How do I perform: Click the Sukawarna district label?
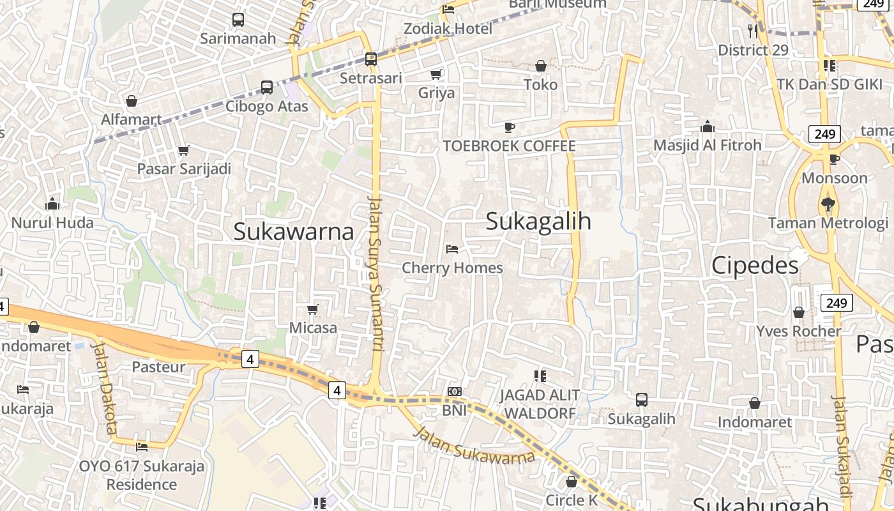[294, 231]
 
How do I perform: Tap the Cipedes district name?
[755, 265]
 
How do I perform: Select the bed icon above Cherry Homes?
[452, 248]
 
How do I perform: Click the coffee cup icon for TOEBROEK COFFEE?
[510, 127]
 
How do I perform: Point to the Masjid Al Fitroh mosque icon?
[707, 126]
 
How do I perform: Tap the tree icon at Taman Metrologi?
[828, 204]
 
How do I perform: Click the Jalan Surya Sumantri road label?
[375, 274]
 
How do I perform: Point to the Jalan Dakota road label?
[103, 387]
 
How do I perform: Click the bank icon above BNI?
[455, 392]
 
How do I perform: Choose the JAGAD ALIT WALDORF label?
[540, 404]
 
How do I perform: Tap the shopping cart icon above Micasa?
[313, 310]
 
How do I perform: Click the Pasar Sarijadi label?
[184, 169]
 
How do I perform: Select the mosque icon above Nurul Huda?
[52, 204]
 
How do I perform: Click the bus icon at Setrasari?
[371, 59]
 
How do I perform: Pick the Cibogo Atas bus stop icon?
[267, 88]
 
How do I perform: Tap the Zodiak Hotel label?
[448, 29]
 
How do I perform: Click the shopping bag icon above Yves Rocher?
[798, 312]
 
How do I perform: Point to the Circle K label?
[572, 500]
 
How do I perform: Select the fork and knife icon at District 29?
[753, 31]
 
